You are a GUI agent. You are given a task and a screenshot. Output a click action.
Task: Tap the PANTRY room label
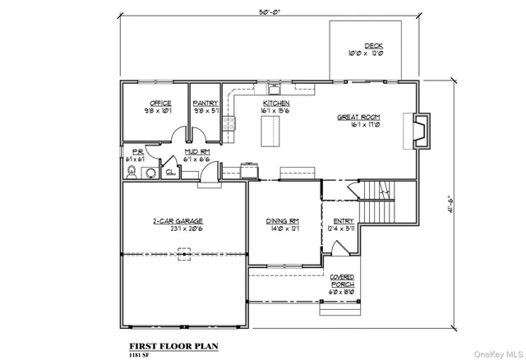[x=205, y=103]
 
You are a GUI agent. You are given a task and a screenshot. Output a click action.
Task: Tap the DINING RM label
[x=281, y=221]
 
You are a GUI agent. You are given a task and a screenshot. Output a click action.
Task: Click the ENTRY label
[x=344, y=221]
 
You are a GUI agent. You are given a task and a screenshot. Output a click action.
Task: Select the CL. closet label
[x=169, y=173]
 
